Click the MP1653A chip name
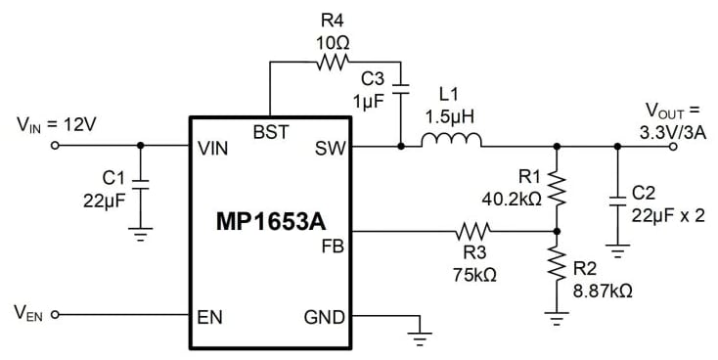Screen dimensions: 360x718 click(x=270, y=221)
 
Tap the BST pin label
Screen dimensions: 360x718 click(x=270, y=130)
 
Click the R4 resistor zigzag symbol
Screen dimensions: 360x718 click(x=334, y=62)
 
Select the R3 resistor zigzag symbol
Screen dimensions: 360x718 click(x=473, y=232)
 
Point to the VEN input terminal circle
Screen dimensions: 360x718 click(x=55, y=315)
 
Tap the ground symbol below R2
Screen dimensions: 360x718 click(x=557, y=315)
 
